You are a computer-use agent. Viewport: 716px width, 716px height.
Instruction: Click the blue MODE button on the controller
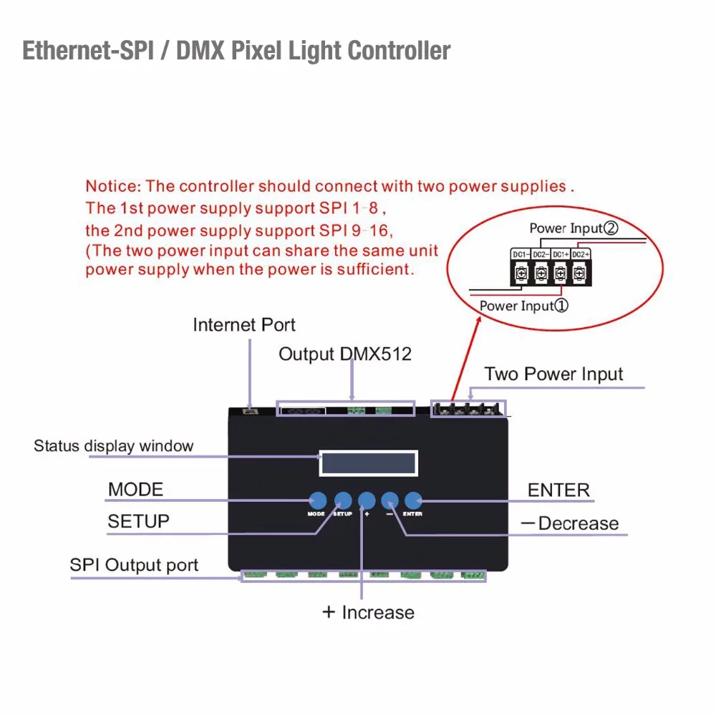tap(317, 500)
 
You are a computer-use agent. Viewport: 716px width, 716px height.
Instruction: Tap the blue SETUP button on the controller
tap(343, 500)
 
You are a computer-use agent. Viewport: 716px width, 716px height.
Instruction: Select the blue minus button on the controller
tap(390, 500)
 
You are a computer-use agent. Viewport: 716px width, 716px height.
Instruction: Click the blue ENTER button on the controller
tap(414, 500)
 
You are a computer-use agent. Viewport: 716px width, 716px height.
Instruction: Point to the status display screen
tap(368, 463)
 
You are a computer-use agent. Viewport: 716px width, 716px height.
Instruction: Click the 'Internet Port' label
tap(244, 325)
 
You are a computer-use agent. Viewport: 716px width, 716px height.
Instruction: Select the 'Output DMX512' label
tap(345, 354)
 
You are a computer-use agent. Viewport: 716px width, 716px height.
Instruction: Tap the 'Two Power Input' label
tap(553, 374)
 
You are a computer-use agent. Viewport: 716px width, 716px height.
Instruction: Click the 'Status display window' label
tap(113, 446)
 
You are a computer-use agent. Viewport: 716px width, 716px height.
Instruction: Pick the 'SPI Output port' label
tap(134, 565)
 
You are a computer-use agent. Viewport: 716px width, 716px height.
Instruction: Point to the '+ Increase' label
tap(368, 612)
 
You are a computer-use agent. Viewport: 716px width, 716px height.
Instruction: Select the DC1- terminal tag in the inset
tap(520, 254)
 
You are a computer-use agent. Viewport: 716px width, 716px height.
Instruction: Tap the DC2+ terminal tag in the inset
tap(581, 254)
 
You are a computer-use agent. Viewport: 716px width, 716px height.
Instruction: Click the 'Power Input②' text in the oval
tap(574, 228)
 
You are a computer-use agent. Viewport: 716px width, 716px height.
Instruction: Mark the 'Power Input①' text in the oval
tap(523, 306)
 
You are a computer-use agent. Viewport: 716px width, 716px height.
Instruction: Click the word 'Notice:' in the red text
tap(113, 186)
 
